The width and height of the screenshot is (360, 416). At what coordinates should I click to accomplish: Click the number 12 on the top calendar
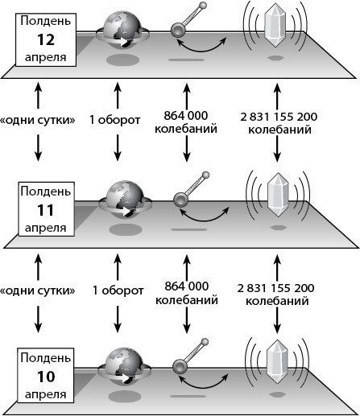click(x=46, y=39)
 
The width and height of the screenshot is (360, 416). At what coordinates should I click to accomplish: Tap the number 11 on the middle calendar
click(x=45, y=210)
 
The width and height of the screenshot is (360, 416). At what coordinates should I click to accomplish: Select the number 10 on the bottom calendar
click(x=46, y=377)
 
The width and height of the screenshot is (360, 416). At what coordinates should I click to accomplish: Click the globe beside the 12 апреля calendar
click(x=122, y=30)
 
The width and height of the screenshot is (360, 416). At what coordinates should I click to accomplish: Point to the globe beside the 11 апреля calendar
click(x=126, y=200)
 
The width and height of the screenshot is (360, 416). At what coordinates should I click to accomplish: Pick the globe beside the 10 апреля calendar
click(x=124, y=366)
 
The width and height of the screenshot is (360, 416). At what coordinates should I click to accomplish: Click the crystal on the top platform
click(x=275, y=25)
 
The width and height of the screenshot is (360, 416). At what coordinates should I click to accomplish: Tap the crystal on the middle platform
click(x=278, y=195)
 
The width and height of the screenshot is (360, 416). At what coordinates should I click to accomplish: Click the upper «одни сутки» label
click(x=38, y=120)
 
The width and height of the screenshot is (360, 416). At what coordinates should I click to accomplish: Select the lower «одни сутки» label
click(x=38, y=290)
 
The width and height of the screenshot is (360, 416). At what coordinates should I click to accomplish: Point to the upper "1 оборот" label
click(x=114, y=120)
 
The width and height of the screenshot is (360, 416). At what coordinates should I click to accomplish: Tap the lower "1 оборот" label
click(x=118, y=290)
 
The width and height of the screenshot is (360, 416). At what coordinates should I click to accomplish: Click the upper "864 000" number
click(x=186, y=116)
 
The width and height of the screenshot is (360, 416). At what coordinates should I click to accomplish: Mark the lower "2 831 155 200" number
click(x=275, y=288)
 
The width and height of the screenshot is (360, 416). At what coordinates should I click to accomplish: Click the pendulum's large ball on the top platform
click(x=178, y=30)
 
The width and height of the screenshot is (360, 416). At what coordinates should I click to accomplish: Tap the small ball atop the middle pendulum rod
click(x=205, y=175)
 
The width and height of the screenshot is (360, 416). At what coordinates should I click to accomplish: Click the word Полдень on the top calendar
click(x=46, y=21)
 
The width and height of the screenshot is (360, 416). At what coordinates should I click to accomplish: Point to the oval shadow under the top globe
click(x=122, y=60)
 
